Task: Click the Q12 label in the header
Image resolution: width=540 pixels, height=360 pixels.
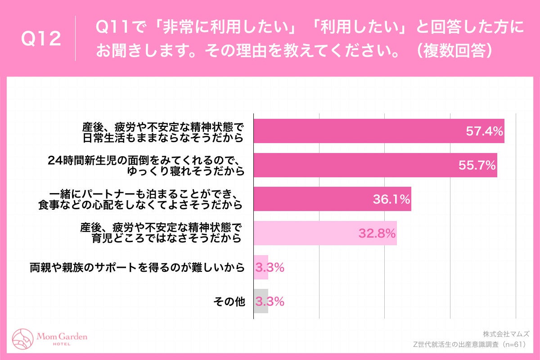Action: (41, 39)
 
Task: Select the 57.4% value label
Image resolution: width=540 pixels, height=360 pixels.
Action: (483, 131)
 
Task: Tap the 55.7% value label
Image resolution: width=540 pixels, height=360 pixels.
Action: (477, 165)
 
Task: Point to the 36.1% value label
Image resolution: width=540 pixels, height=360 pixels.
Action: (391, 199)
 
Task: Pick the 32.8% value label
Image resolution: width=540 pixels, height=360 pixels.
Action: (377, 234)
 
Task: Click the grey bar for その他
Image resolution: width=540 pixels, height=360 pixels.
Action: (261, 301)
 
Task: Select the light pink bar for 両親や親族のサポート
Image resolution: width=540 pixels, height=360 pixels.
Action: (261, 267)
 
